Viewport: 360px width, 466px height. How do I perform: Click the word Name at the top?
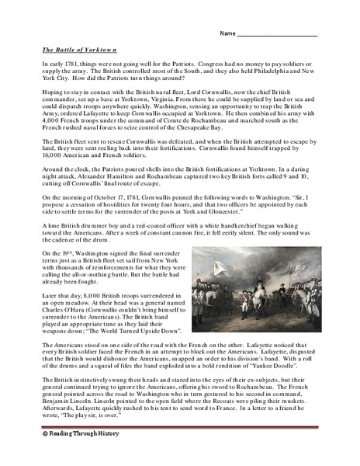pyautogui.click(x=227, y=34)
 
